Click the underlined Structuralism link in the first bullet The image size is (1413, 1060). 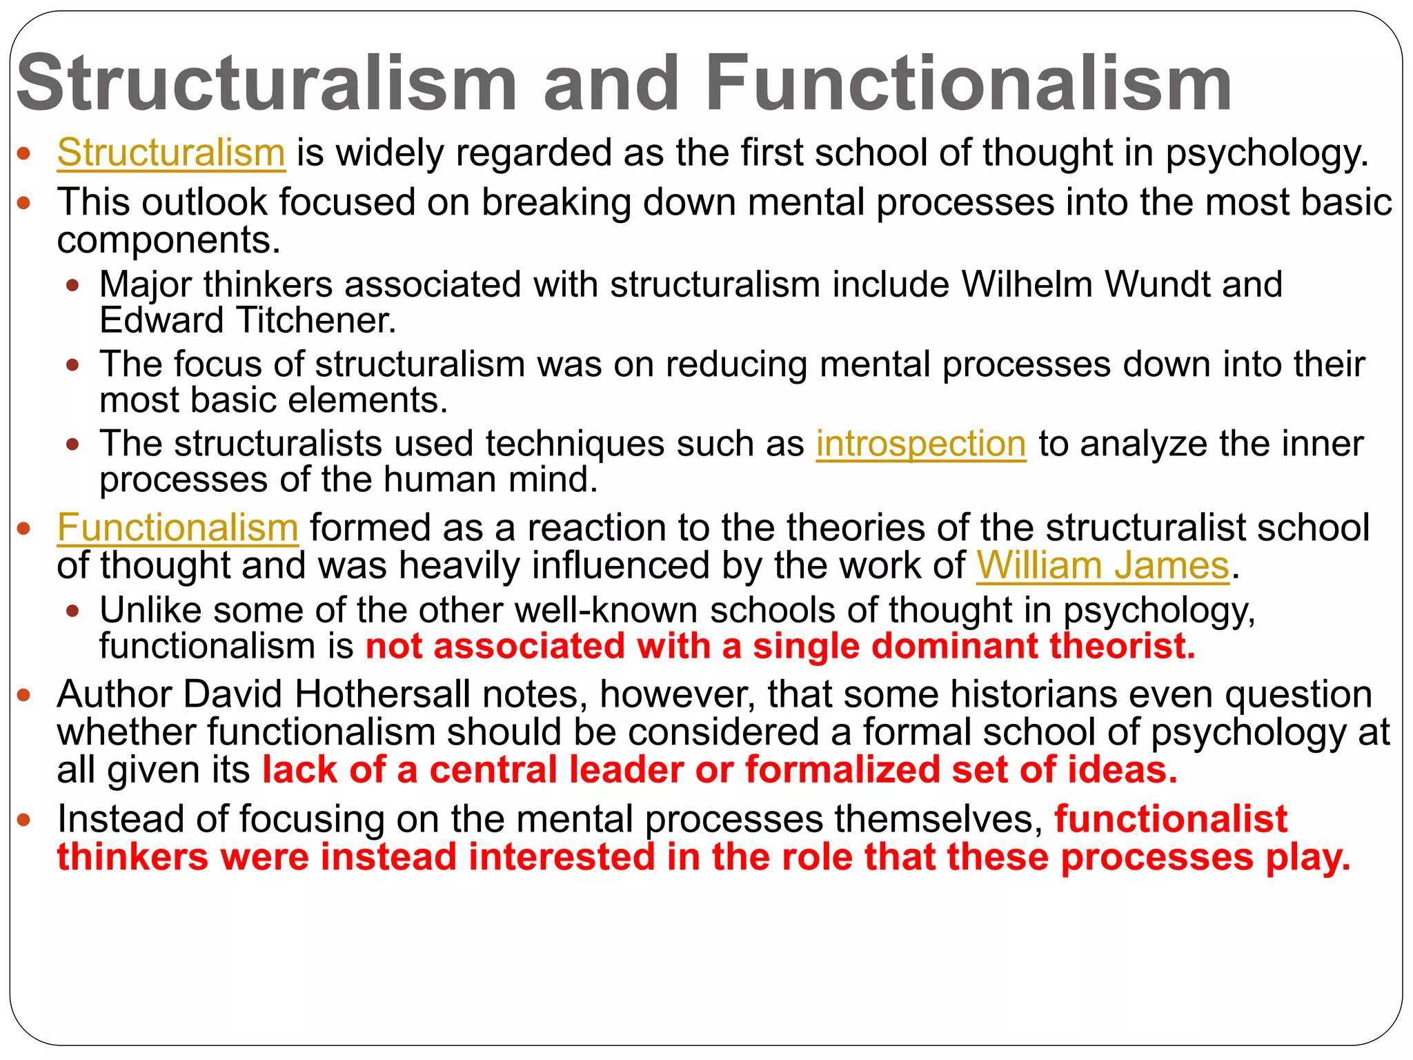[x=171, y=153]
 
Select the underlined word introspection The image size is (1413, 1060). [x=921, y=444]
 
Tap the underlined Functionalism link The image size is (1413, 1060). [x=177, y=529]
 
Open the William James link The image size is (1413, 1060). [x=1103, y=567]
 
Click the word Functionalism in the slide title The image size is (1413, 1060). [x=968, y=84]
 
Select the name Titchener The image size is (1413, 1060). [x=316, y=320]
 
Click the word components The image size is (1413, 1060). [x=168, y=241]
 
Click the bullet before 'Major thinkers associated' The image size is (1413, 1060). [x=73, y=285]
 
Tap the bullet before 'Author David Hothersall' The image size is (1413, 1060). [x=24, y=695]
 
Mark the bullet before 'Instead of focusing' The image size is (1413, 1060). [x=24, y=820]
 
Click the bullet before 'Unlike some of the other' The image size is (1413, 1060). [x=73, y=611]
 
